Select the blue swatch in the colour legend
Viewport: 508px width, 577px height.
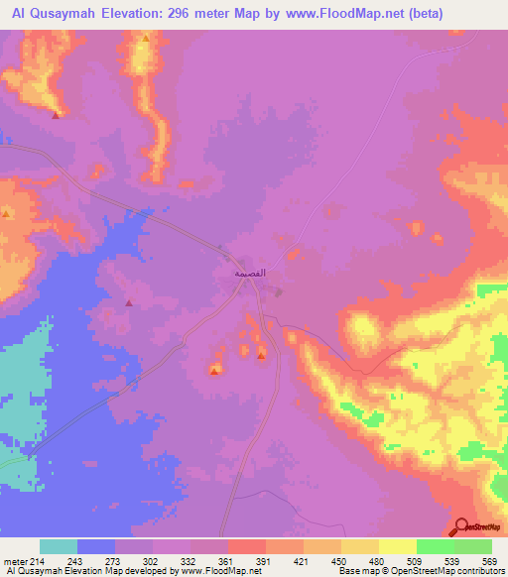pos(96,546)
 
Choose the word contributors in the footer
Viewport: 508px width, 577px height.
pos(484,572)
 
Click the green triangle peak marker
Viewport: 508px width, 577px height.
pos(146,38)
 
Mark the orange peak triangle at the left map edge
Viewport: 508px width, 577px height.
pos(6,214)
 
